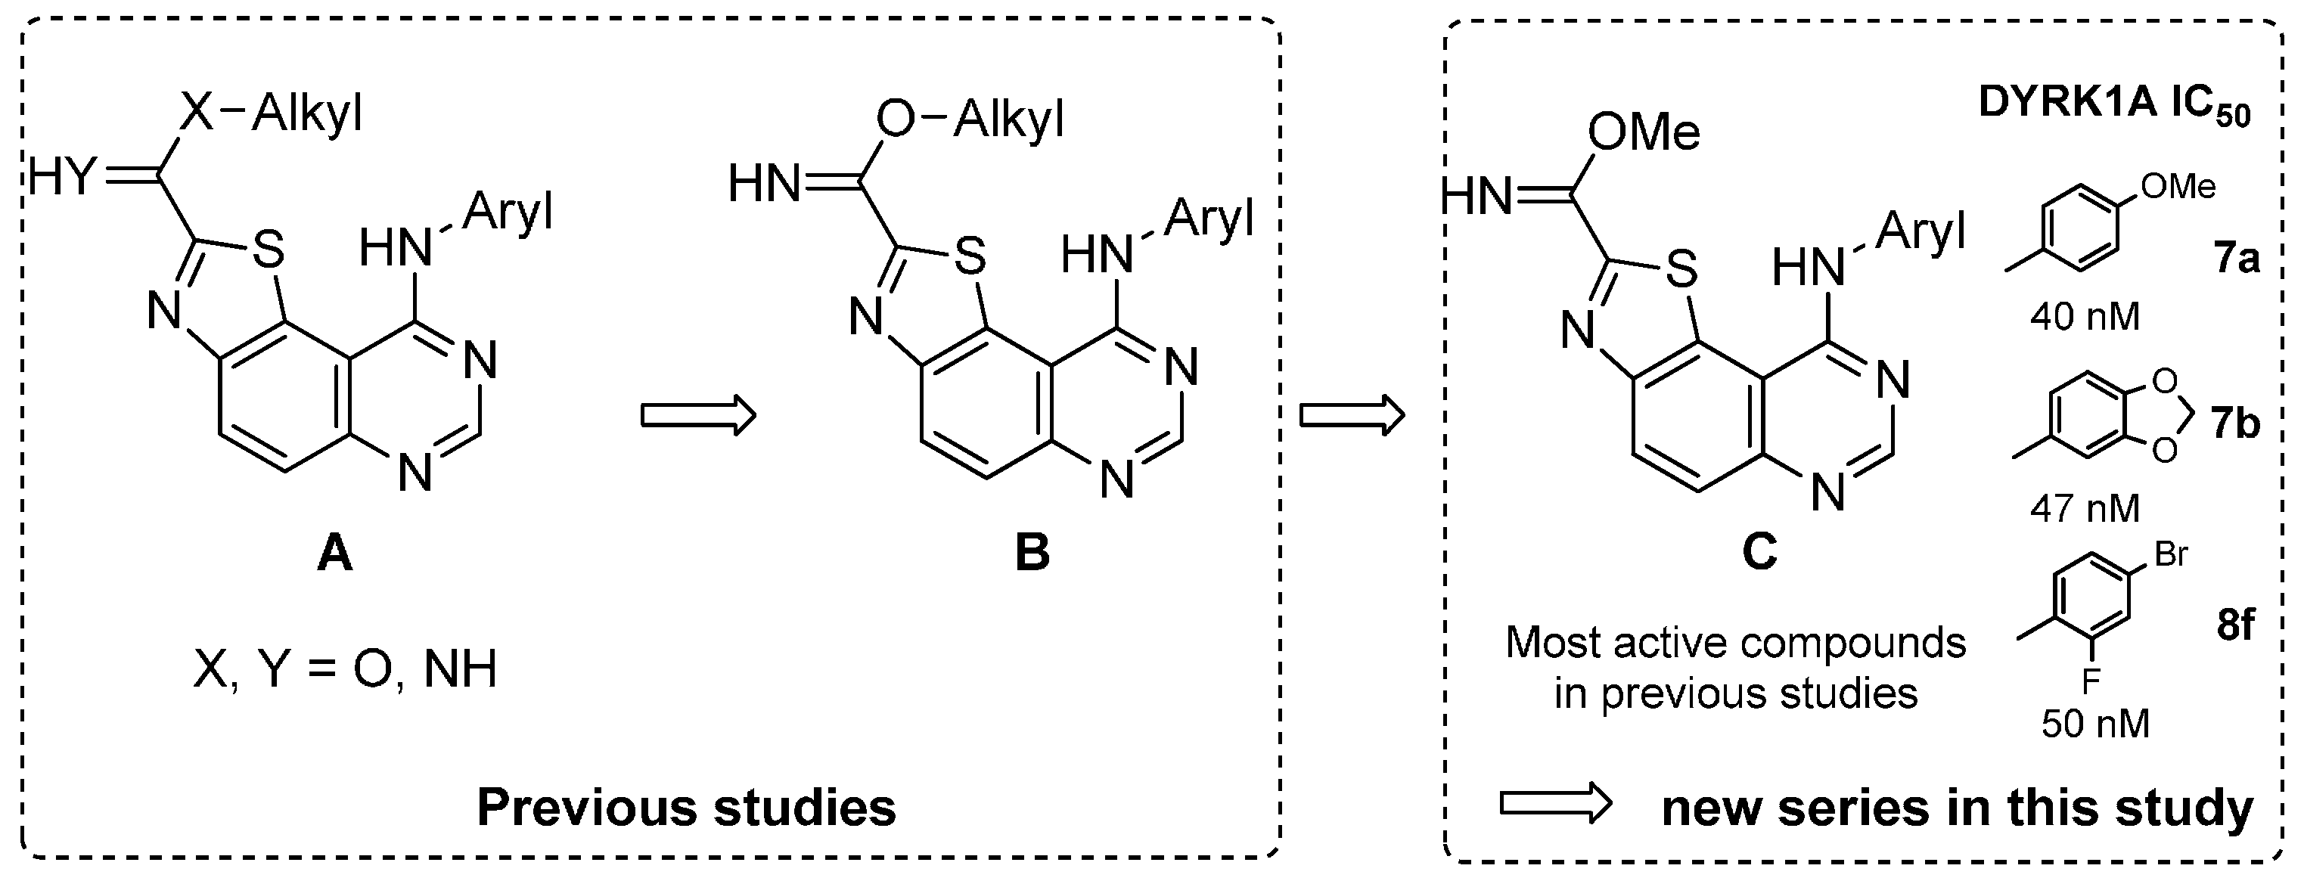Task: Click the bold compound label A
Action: coord(334,554)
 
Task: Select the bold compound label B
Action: coord(1032,554)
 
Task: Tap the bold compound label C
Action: coord(1759,554)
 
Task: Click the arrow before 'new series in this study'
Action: coord(1555,804)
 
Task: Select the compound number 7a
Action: coord(2236,259)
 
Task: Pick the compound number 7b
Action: coord(2236,422)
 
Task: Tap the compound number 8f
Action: coord(2235,625)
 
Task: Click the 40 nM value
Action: coord(2085,317)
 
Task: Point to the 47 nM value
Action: coord(2085,508)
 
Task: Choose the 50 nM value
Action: coord(2094,724)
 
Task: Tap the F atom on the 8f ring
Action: coord(2090,682)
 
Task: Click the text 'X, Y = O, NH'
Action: coord(345,669)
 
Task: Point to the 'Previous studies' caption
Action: coord(686,808)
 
